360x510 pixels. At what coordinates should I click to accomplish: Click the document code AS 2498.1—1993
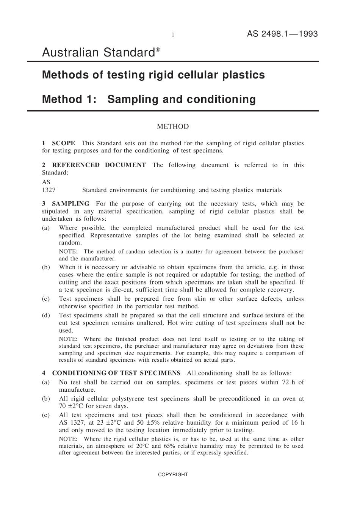pyautogui.click(x=282, y=34)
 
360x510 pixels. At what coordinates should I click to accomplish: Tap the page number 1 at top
pyautogui.click(x=173, y=35)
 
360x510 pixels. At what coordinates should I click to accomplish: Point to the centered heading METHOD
pyautogui.click(x=173, y=127)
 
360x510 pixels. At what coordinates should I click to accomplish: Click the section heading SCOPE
pyautogui.click(x=63, y=143)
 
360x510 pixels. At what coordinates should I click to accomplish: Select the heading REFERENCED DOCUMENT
pyautogui.click(x=99, y=165)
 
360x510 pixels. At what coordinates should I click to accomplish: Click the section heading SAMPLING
pyautogui.click(x=70, y=204)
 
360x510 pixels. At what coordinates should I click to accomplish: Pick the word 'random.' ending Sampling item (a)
pyautogui.click(x=70, y=243)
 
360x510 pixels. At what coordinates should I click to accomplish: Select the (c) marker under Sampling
pyautogui.click(x=46, y=299)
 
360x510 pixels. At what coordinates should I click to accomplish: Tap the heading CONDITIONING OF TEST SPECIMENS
pyautogui.click(x=116, y=373)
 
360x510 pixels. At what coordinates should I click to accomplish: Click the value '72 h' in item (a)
pyautogui.click(x=288, y=382)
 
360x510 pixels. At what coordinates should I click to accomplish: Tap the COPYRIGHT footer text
pyautogui.click(x=173, y=475)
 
